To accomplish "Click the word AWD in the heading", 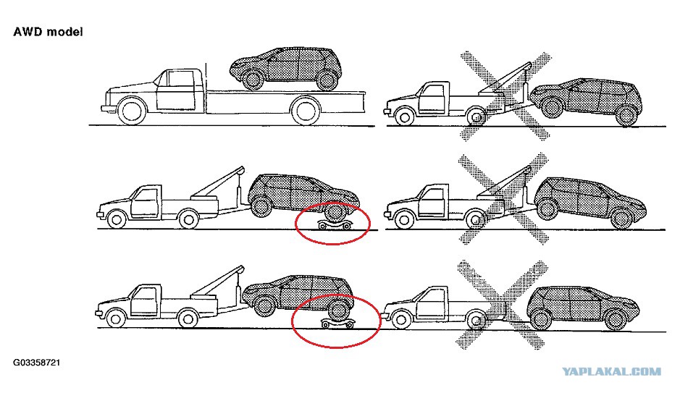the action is pyautogui.click(x=28, y=32).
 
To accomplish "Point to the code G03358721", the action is pyautogui.click(x=36, y=363).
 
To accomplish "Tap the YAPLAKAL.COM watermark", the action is pyautogui.click(x=611, y=371).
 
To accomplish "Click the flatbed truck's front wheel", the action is pyautogui.click(x=131, y=111).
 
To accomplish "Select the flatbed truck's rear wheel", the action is pyautogui.click(x=306, y=111).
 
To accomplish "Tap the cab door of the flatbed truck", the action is pyautogui.click(x=176, y=90).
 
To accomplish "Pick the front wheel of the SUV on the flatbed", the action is pyautogui.click(x=252, y=80).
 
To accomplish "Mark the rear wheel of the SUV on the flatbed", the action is pyautogui.click(x=327, y=80).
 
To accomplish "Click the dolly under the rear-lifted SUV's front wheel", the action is pyautogui.click(x=335, y=225).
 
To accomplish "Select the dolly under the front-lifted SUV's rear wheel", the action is pyautogui.click(x=337, y=323).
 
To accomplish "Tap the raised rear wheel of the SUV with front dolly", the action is pyautogui.click(x=260, y=207).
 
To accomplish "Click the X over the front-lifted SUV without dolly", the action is pyautogui.click(x=505, y=96).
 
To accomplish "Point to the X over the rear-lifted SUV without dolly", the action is pyautogui.click(x=504, y=198).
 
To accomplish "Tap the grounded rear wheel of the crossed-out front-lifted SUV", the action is pyautogui.click(x=626, y=114).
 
